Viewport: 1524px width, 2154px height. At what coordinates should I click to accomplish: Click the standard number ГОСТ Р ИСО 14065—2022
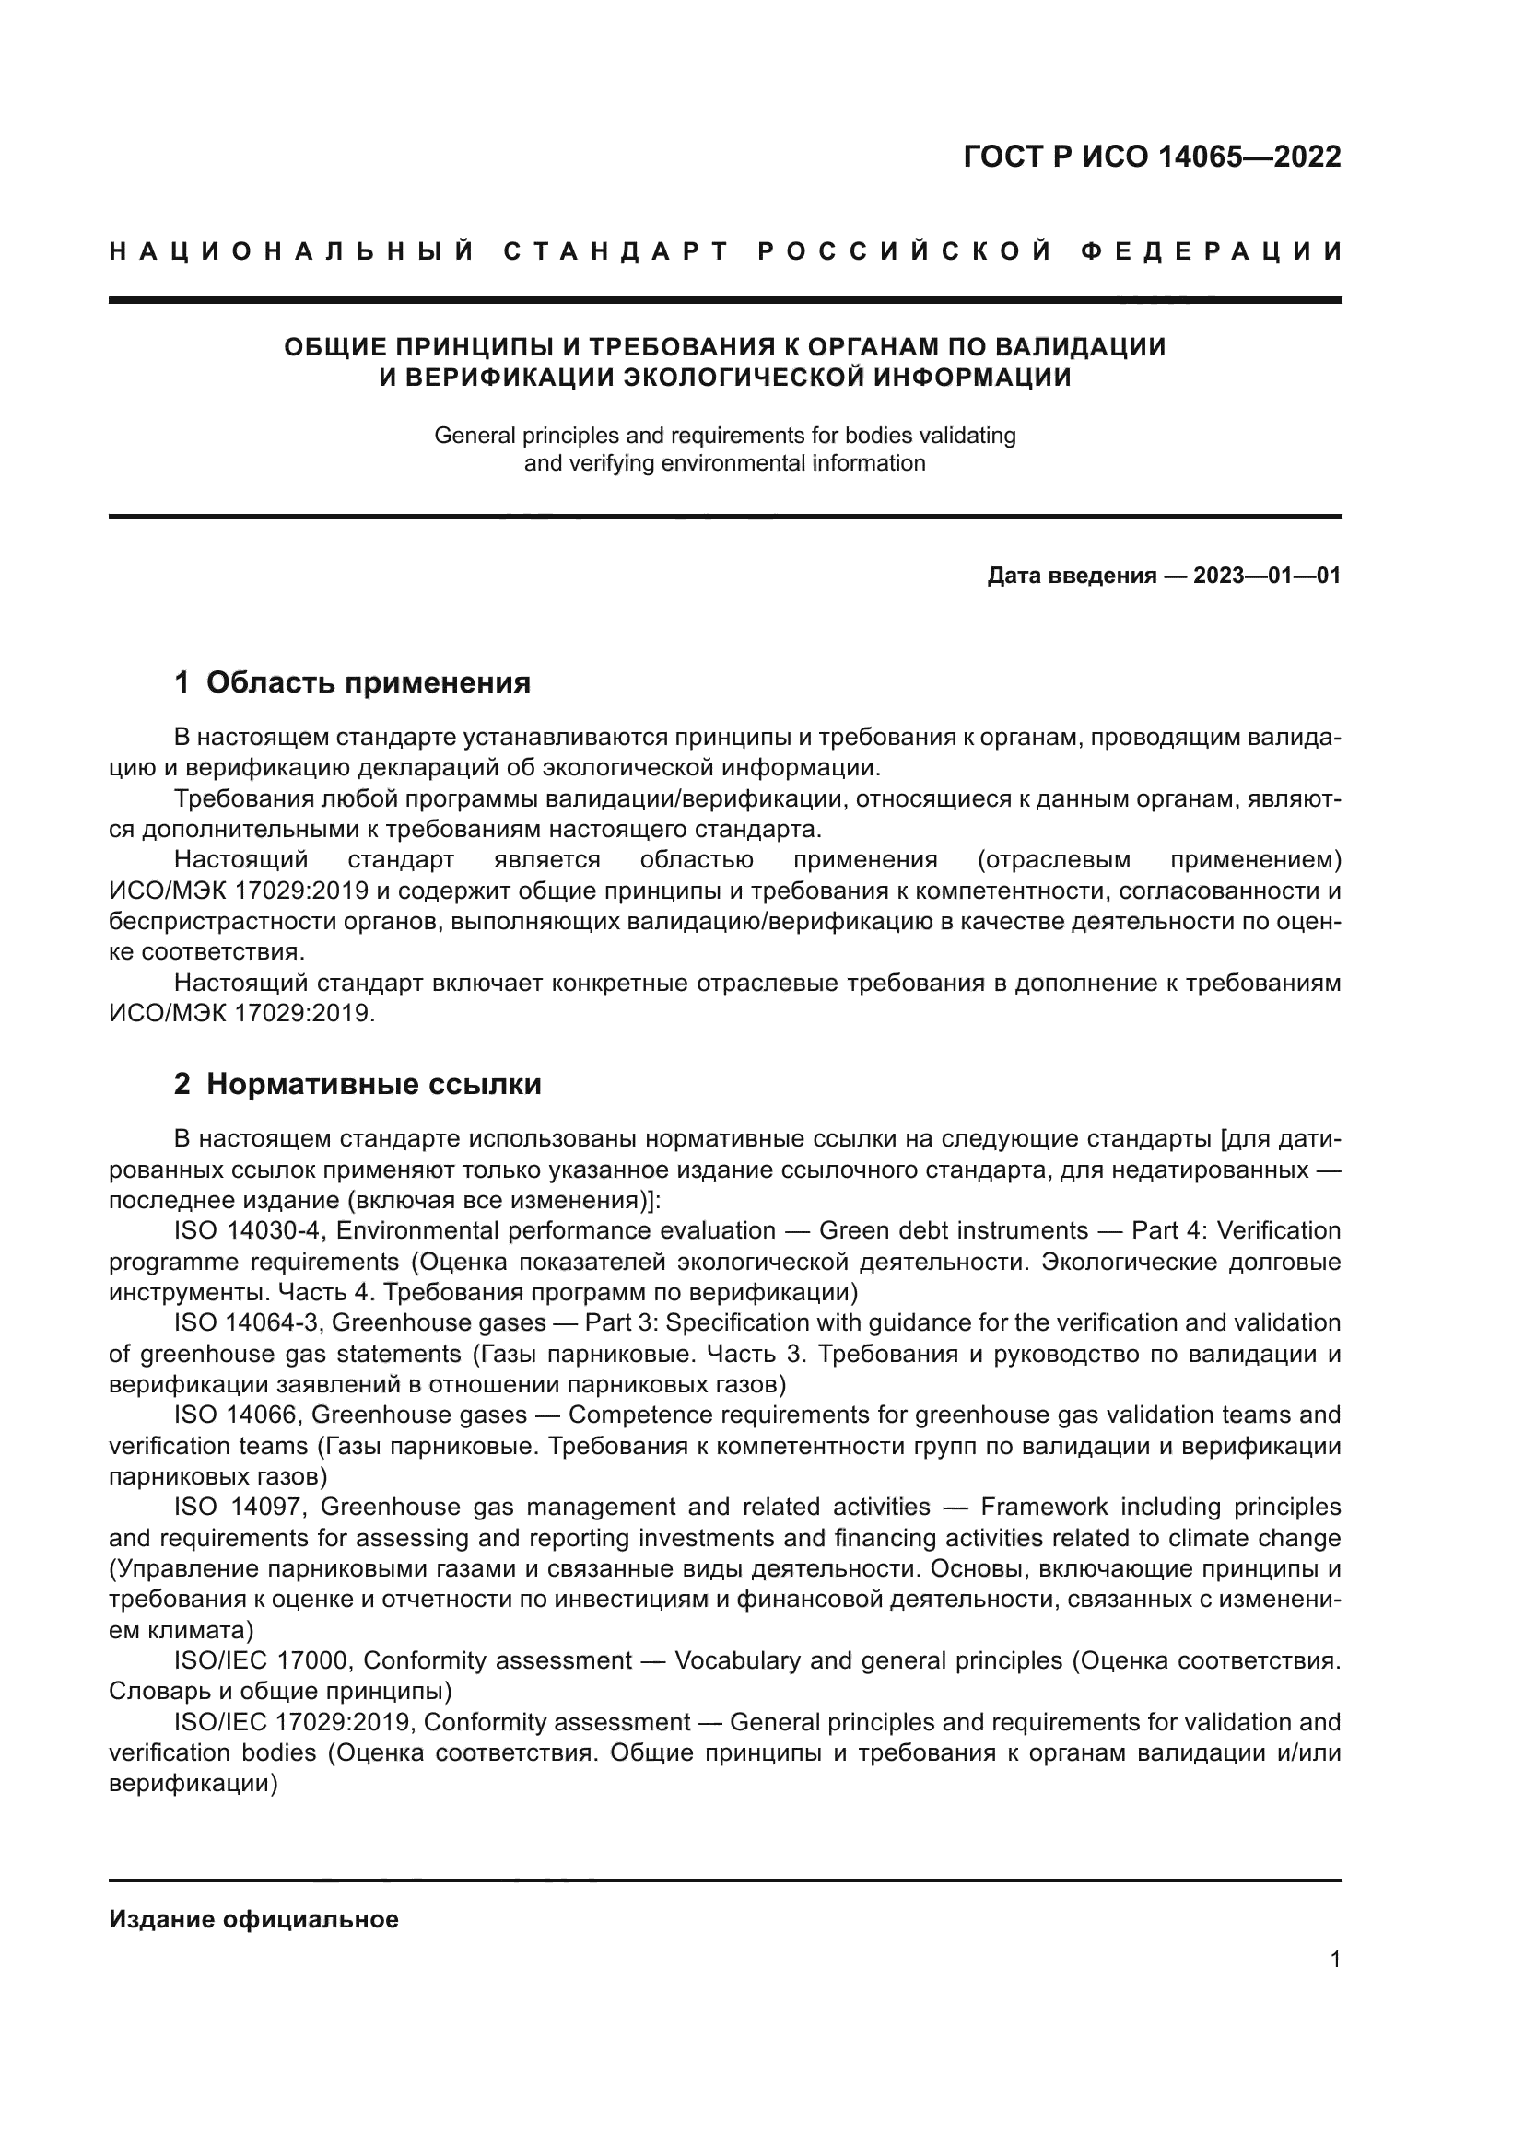[1152, 157]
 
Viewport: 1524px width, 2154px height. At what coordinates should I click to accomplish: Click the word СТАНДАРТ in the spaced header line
[615, 251]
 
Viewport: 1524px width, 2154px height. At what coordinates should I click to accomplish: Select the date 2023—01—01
[1267, 576]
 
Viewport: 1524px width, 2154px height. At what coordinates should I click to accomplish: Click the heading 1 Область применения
[352, 683]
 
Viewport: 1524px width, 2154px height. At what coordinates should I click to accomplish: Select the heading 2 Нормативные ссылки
[358, 1085]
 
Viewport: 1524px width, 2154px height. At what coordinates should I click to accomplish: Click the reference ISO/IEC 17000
[262, 1661]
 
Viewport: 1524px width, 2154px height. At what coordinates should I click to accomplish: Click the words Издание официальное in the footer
[253, 1920]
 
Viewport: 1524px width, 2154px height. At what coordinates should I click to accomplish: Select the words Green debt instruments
[954, 1231]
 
